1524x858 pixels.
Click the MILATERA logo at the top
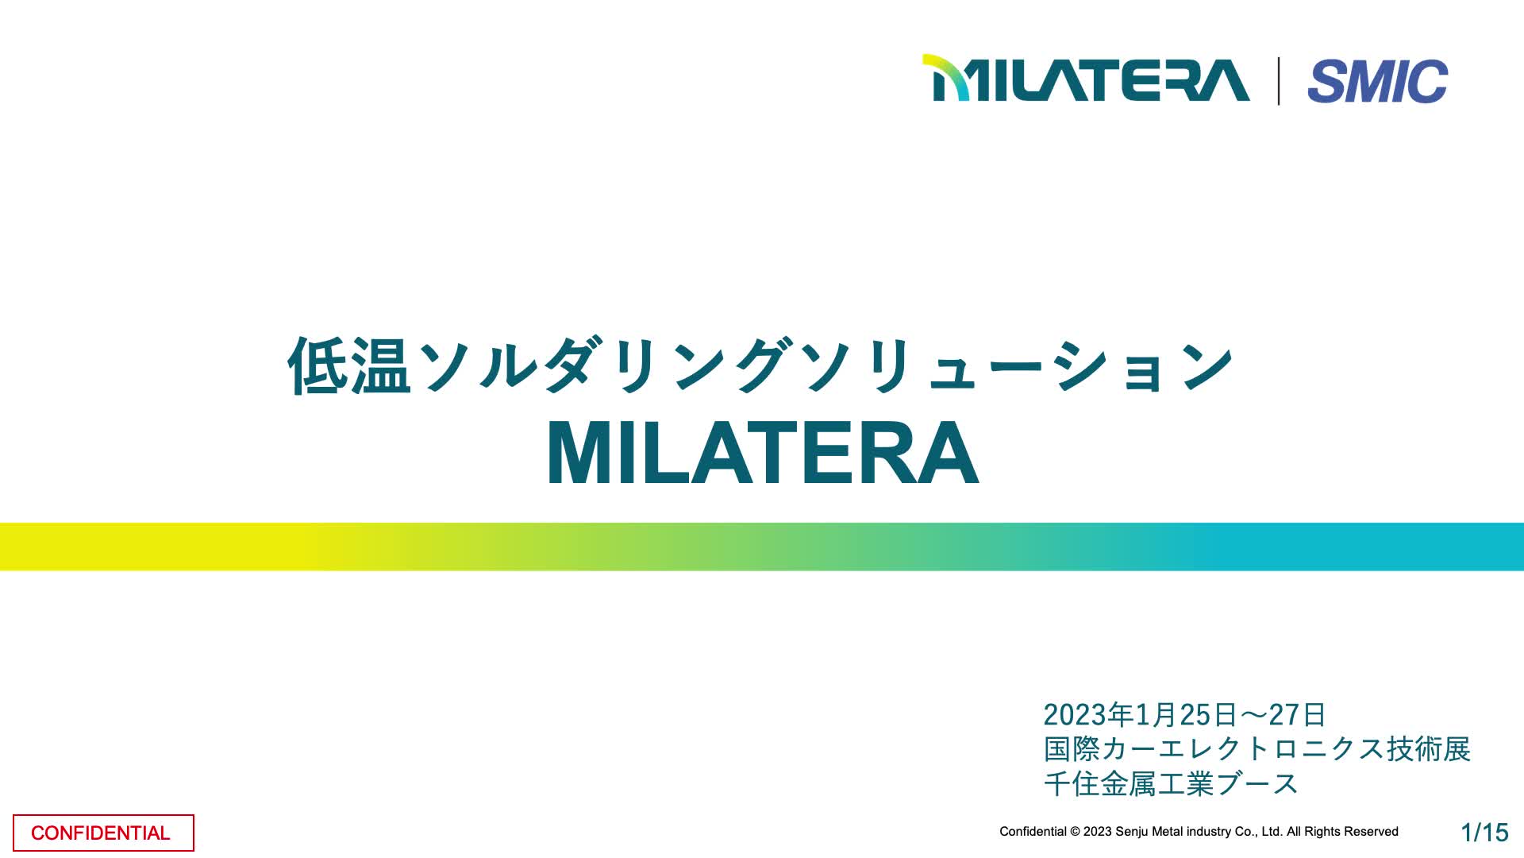pos(1086,78)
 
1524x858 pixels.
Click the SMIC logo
pos(1378,81)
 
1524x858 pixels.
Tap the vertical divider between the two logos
pos(1279,81)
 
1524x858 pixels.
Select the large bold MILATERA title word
pos(763,454)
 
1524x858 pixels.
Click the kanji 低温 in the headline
pos(349,365)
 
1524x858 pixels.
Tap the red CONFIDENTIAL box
pos(103,833)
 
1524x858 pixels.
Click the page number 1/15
pos(1484,832)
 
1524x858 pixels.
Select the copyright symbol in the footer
pos(1075,832)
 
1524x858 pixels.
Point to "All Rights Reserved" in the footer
pos(1342,832)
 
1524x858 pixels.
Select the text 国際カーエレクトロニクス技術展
pos(1257,749)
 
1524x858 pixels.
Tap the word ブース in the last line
pos(1257,784)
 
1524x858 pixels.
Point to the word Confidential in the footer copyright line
pos(1033,832)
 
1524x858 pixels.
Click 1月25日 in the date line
pos(1186,715)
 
